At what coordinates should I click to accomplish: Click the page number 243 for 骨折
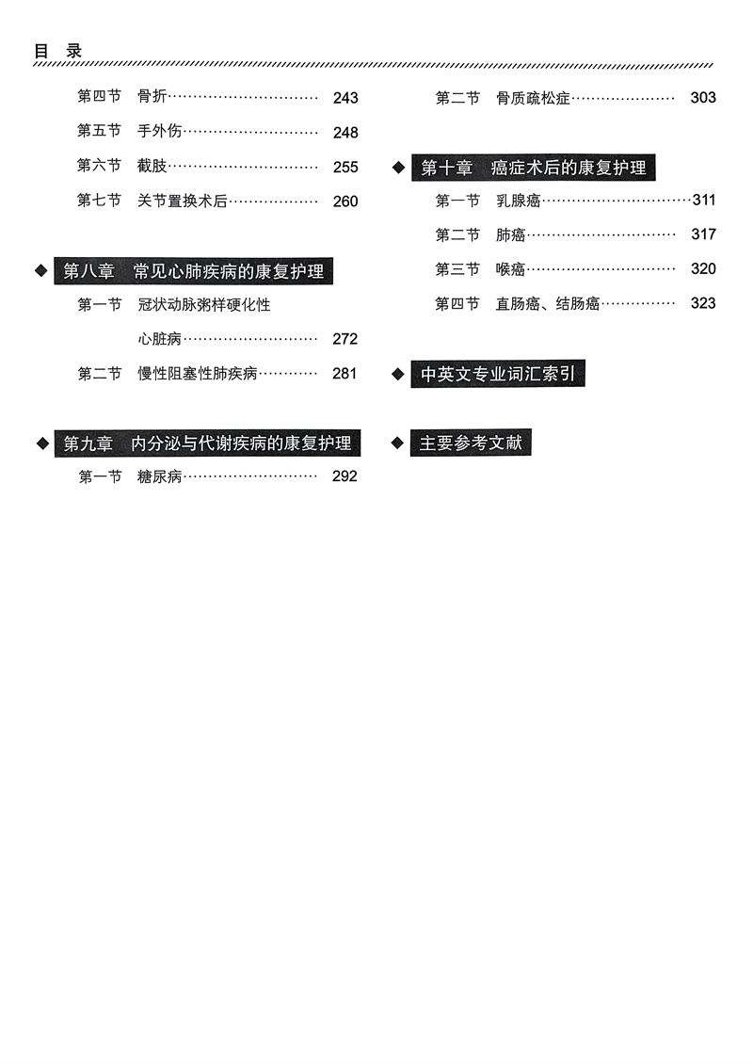pyautogui.click(x=345, y=98)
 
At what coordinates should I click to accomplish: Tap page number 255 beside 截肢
pyautogui.click(x=345, y=167)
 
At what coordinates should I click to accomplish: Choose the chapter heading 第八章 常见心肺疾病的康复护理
pyautogui.click(x=194, y=271)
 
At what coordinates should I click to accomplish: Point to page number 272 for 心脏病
pyautogui.click(x=345, y=339)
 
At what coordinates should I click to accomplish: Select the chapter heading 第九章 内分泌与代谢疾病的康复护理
pyautogui.click(x=207, y=443)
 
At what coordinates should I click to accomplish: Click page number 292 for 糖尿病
pyautogui.click(x=345, y=476)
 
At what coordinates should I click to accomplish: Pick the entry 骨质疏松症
pyautogui.click(x=534, y=98)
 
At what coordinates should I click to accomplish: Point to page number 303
pyautogui.click(x=703, y=98)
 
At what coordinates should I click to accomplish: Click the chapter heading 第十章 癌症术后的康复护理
pyautogui.click(x=534, y=168)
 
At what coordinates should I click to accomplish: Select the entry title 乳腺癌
pyautogui.click(x=519, y=201)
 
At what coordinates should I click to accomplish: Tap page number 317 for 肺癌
pyautogui.click(x=703, y=234)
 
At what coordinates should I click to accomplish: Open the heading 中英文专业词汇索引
pyautogui.click(x=498, y=374)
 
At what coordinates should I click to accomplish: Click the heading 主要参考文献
pyautogui.click(x=471, y=443)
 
